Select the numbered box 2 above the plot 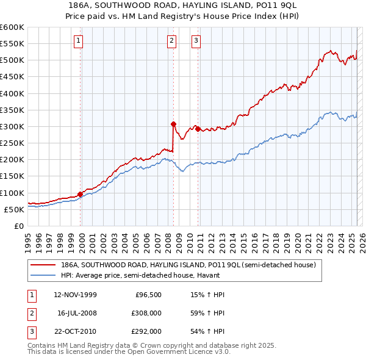coord(171,41)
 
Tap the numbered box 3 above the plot coord(196,41)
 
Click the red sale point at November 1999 coord(81,193)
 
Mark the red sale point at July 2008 coord(174,123)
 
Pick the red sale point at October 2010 coord(198,129)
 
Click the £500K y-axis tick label coord(12,60)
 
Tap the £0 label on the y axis coord(20,226)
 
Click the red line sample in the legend coord(44,265)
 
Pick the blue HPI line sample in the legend coord(44,275)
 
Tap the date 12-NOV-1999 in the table coord(75,295)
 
